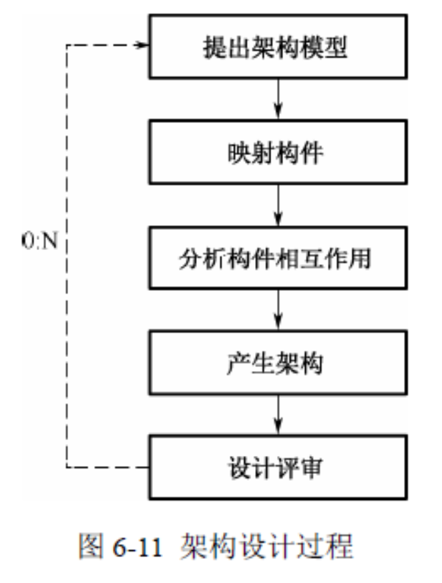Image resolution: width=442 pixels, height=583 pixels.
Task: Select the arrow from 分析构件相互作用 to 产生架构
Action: click(x=278, y=310)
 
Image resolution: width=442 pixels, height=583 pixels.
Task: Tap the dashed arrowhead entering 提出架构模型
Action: click(x=141, y=45)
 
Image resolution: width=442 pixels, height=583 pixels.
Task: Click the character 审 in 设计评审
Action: click(x=311, y=467)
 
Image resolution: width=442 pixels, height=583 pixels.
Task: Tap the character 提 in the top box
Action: click(x=214, y=49)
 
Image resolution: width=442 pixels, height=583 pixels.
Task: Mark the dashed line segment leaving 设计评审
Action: click(x=107, y=466)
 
